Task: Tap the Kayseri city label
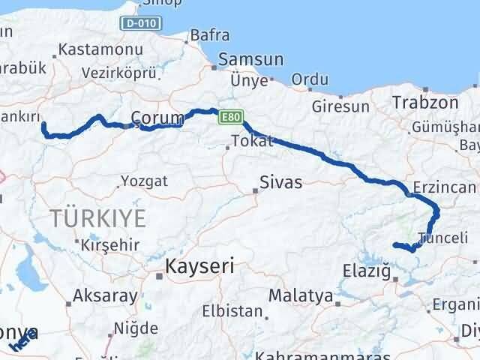(199, 265)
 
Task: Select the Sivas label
(281, 182)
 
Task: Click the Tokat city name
(247, 141)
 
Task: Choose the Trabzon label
(425, 102)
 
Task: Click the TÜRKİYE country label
(98, 219)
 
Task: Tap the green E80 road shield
(229, 117)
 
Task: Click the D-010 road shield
(139, 24)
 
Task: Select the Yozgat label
(144, 181)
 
